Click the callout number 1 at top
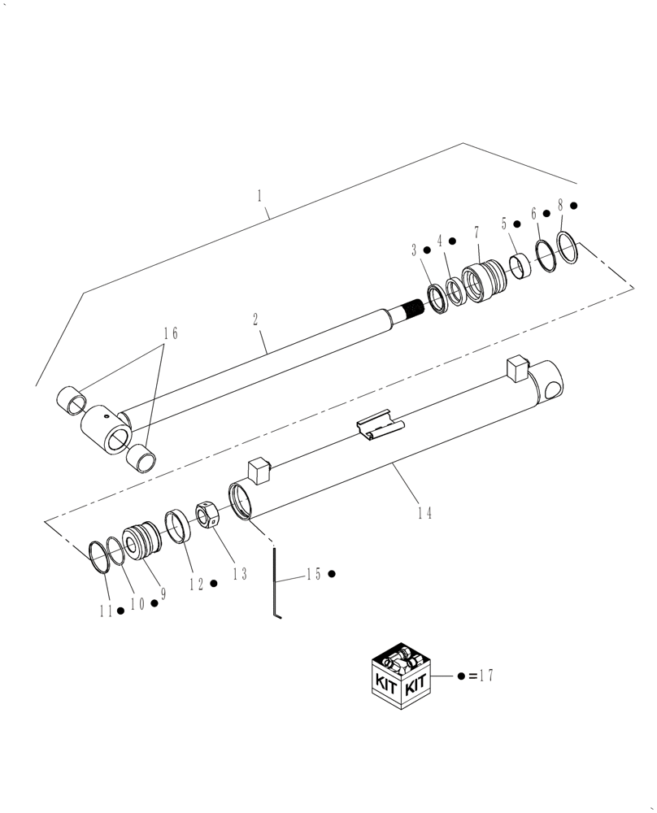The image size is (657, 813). pyautogui.click(x=259, y=195)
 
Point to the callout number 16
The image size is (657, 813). pyautogui.click(x=171, y=333)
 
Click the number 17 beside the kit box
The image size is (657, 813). pyautogui.click(x=486, y=676)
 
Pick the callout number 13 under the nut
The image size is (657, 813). pyautogui.click(x=239, y=574)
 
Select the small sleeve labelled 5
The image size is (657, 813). pyautogui.click(x=520, y=265)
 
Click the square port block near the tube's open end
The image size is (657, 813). pyautogui.click(x=259, y=469)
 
